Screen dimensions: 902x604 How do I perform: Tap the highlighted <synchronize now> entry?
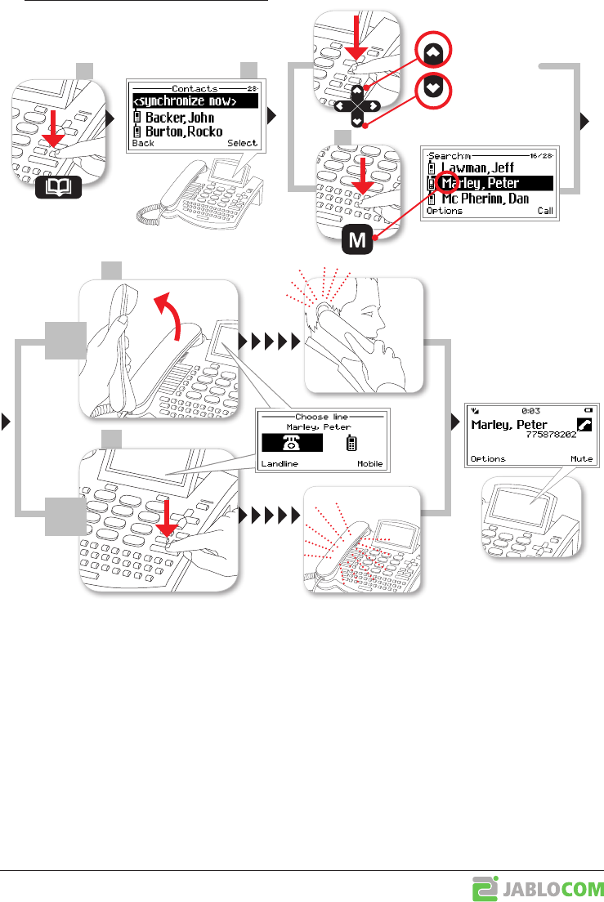(x=192, y=101)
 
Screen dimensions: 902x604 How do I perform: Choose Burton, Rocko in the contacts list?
(x=184, y=131)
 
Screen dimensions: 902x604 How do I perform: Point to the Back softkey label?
(x=143, y=143)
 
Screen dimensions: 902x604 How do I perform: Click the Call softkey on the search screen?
(x=545, y=211)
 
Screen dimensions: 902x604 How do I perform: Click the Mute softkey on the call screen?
(x=581, y=459)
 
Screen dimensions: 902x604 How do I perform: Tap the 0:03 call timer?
(x=527, y=411)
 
